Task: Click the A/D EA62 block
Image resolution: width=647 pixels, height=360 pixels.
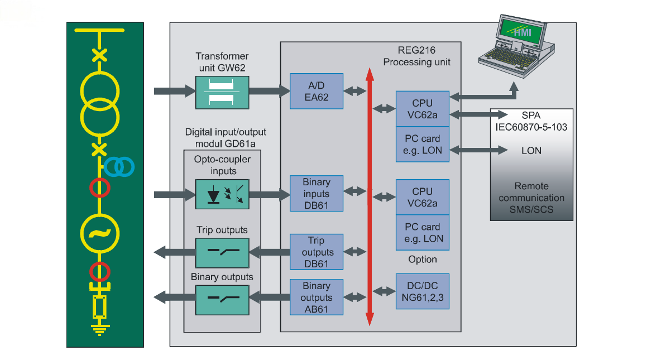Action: [x=316, y=91]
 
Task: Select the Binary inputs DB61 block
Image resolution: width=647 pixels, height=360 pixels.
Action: [x=316, y=194]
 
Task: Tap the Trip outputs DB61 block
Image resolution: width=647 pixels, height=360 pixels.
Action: [x=316, y=252]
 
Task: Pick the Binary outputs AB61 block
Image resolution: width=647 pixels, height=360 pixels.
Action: [x=316, y=297]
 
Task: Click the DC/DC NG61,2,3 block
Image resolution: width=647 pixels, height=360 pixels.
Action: [x=422, y=291]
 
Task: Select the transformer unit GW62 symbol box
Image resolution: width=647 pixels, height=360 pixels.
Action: [x=222, y=91]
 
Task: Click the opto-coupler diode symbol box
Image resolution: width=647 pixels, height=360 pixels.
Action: [x=222, y=194]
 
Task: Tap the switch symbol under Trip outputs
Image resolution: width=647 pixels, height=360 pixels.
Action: [x=222, y=252]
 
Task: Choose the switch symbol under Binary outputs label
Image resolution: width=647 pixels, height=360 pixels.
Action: [x=222, y=297]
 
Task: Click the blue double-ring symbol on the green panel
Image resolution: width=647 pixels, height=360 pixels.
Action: [x=119, y=166]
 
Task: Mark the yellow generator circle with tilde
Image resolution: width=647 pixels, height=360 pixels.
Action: [x=100, y=233]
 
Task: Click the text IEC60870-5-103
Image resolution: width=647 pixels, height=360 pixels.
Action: [x=531, y=127]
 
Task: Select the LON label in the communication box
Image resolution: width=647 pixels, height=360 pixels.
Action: [x=531, y=150]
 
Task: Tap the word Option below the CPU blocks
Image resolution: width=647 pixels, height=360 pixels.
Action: [x=422, y=260]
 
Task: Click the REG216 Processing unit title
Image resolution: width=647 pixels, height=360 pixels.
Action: [x=416, y=56]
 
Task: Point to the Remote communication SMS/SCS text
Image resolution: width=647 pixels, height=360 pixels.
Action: [x=531, y=198]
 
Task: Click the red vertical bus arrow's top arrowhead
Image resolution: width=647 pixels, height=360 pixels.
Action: [x=369, y=74]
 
